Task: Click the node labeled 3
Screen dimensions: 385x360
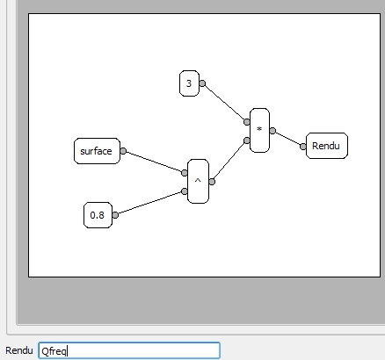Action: click(189, 83)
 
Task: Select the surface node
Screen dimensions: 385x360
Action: click(97, 151)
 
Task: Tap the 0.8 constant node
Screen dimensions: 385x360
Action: click(98, 215)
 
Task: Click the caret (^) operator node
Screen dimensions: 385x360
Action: click(198, 182)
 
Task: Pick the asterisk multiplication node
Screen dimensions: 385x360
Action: click(259, 130)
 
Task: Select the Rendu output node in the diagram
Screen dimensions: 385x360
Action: click(327, 146)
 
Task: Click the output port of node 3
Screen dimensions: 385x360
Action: click(202, 83)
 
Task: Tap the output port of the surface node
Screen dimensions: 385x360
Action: click(123, 151)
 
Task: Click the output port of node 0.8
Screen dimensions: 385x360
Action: click(115, 215)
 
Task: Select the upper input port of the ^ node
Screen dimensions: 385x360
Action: click(185, 173)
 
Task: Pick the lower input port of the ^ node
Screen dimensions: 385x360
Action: click(185, 191)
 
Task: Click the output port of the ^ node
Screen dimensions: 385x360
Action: click(212, 182)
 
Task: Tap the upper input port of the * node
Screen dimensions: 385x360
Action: click(247, 122)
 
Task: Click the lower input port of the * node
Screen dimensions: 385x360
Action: click(247, 140)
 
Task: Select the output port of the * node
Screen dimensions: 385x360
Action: click(272, 131)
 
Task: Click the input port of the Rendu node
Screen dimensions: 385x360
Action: click(303, 147)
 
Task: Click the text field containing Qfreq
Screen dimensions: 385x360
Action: click(129, 350)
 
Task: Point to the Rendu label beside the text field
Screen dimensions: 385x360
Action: click(19, 350)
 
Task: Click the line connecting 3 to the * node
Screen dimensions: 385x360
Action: click(224, 103)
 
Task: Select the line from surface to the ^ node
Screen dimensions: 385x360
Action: click(154, 162)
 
